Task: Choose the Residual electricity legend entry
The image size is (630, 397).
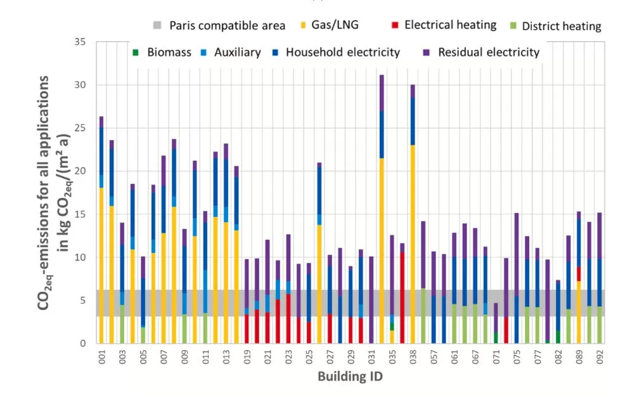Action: click(x=488, y=53)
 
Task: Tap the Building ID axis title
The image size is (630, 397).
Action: click(x=350, y=377)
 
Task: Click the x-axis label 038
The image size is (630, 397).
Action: click(x=413, y=356)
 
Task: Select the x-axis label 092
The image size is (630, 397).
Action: click(x=600, y=356)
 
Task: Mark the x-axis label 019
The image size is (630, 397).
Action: click(x=246, y=356)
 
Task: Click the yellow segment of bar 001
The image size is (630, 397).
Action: click(x=101, y=266)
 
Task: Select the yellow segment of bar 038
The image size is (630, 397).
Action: click(x=413, y=247)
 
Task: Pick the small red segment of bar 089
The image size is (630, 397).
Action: click(x=579, y=273)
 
